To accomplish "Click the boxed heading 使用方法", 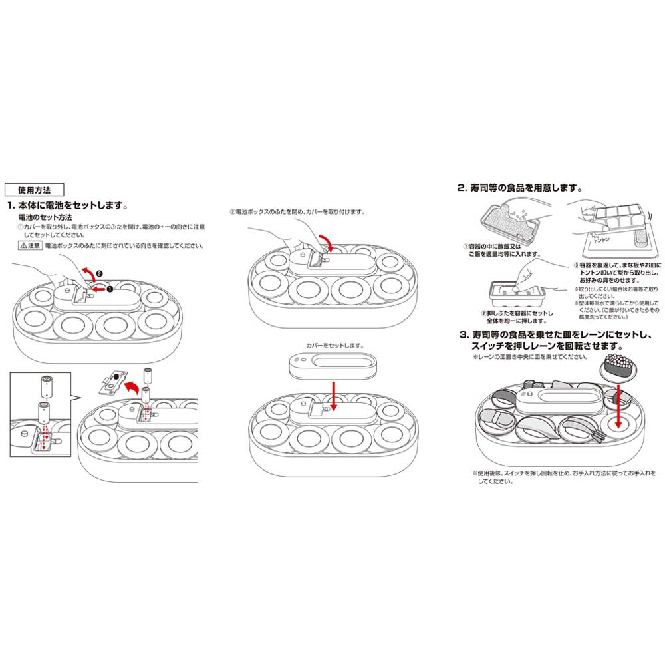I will pyautogui.click(x=33, y=189).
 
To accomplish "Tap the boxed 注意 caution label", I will pyautogui.click(x=30, y=245).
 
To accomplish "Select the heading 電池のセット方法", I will pyautogui.click(x=45, y=217).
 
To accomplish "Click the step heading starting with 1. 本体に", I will pyautogui.click(x=67, y=203).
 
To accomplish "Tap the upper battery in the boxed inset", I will pyautogui.click(x=47, y=384).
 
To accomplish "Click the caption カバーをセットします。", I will pyautogui.click(x=335, y=345).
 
